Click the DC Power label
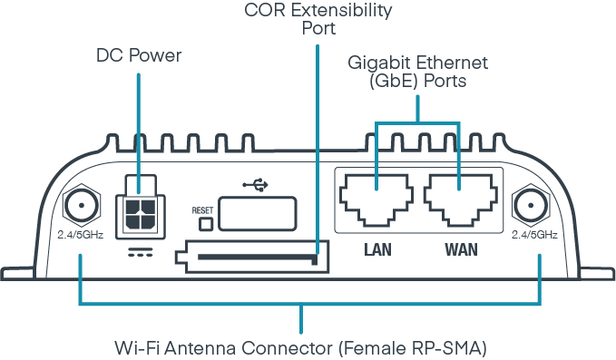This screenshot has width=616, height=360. coord(139,56)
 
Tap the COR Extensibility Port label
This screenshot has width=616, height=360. coord(318,19)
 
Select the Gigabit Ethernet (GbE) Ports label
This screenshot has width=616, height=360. coord(418,71)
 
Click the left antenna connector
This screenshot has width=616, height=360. coord(81,206)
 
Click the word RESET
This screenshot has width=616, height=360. coord(201,210)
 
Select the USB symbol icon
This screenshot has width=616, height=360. coord(257,184)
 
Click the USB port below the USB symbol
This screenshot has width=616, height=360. coord(258,214)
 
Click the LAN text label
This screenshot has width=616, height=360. coord(376,248)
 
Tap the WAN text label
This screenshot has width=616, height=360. coord(460,248)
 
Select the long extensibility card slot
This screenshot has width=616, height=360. coord(257,258)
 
